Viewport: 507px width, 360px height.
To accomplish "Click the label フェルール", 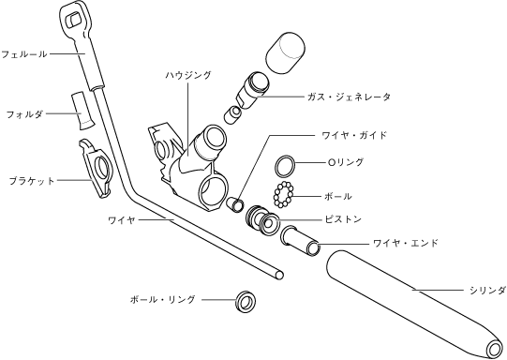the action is click(24, 54).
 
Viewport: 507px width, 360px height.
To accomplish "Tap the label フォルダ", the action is click(24, 114).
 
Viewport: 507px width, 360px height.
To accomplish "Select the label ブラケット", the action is click(31, 181).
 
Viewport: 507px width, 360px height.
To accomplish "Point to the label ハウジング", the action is click(188, 75).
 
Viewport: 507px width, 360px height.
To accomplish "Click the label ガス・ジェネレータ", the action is click(350, 97).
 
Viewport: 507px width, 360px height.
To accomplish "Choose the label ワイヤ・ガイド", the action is click(354, 135).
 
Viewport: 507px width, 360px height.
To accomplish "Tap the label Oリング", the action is click(346, 162).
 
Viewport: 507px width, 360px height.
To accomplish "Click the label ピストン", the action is click(343, 219).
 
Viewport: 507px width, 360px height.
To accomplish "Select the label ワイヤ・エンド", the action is click(406, 243).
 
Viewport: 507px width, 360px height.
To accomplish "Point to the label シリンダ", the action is click(488, 291).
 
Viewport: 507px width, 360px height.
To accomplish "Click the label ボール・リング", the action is click(163, 299).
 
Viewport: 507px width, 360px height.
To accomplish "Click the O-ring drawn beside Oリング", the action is click(285, 167).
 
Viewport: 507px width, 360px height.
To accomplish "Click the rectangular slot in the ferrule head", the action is click(74, 21).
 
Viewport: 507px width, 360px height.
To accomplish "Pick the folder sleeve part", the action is click(82, 112).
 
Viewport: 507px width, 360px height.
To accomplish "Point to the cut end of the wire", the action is click(279, 276).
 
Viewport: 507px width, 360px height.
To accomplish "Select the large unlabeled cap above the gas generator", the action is click(285, 52).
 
